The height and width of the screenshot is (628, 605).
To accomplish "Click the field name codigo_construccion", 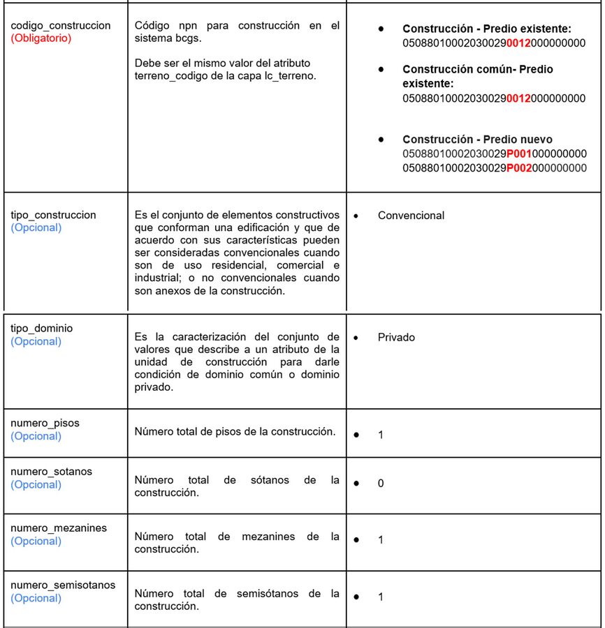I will pyautogui.click(x=61, y=25).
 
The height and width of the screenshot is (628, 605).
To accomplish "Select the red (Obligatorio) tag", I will pyautogui.click(x=41, y=38).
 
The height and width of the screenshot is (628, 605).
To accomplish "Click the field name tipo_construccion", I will pyautogui.click(x=53, y=215).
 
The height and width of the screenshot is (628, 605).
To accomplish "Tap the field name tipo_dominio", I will pyautogui.click(x=42, y=328).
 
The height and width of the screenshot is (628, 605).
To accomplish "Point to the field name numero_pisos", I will pyautogui.click(x=45, y=423).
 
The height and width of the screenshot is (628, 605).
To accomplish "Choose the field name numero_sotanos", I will pyautogui.click(x=51, y=472).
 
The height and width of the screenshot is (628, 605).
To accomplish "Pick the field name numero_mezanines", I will pyautogui.click(x=59, y=528).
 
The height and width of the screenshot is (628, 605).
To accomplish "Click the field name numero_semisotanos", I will pyautogui.click(x=63, y=585).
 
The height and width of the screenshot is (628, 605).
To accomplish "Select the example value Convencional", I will pyautogui.click(x=411, y=216).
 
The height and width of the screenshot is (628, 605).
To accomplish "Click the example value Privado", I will pyautogui.click(x=396, y=337).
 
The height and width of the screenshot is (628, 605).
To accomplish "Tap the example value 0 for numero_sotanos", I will pyautogui.click(x=381, y=483).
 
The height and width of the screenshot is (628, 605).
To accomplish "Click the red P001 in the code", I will pyautogui.click(x=519, y=154).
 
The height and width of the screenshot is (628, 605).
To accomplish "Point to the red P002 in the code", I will pyautogui.click(x=519, y=167).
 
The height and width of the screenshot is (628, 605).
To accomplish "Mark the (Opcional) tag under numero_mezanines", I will pyautogui.click(x=36, y=541).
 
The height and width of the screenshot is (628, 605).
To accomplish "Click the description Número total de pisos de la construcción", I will pyautogui.click(x=235, y=431).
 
